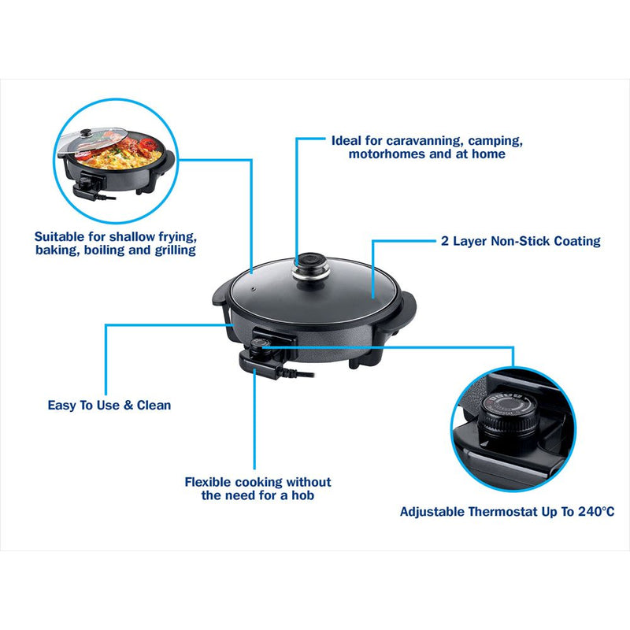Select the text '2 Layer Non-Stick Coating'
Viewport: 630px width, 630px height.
[521, 241]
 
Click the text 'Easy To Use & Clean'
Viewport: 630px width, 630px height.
[109, 405]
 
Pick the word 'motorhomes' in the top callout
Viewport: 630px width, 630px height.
[384, 154]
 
